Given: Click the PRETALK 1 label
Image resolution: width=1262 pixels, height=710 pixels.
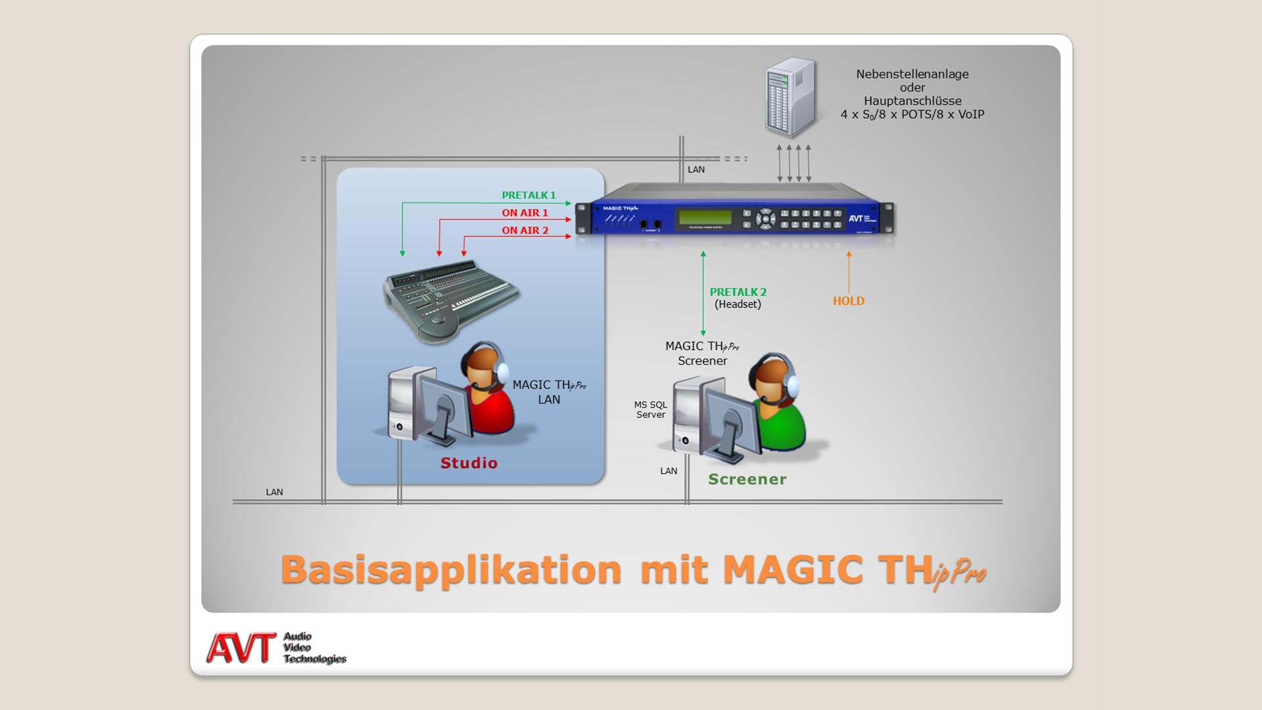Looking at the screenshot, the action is (x=528, y=195).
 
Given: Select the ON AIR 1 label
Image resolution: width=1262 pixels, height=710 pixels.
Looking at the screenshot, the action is (x=525, y=213).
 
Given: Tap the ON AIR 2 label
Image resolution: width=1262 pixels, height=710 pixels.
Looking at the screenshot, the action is (x=525, y=231).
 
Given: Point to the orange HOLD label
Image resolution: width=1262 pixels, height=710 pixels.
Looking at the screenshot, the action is (x=849, y=301).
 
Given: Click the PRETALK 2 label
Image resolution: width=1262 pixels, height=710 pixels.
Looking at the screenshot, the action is (x=738, y=292).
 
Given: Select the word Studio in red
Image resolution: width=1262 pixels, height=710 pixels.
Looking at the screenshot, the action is (x=469, y=463).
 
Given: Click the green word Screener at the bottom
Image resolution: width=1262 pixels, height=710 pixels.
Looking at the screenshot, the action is (x=747, y=479).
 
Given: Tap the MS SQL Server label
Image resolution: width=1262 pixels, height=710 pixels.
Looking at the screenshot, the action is (x=651, y=410).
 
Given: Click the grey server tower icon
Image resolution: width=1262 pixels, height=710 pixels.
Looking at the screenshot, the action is (x=790, y=97).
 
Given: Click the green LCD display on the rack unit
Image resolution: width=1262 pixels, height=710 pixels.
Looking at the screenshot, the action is (x=705, y=217).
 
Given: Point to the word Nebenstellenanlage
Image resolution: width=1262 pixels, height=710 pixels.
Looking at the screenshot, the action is (x=912, y=74).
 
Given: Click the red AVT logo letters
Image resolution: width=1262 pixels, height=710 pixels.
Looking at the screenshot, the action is (x=241, y=648).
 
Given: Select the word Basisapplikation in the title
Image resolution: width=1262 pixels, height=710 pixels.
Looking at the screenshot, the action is (x=451, y=570).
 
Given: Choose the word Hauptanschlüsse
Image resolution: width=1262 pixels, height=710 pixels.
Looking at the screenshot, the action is (x=912, y=101).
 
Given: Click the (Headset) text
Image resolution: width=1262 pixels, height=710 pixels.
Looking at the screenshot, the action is (x=738, y=304).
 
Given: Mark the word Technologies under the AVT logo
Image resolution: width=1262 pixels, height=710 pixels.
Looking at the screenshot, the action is (x=315, y=659).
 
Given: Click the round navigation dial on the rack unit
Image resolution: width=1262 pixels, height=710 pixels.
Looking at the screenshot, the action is (x=765, y=219).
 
